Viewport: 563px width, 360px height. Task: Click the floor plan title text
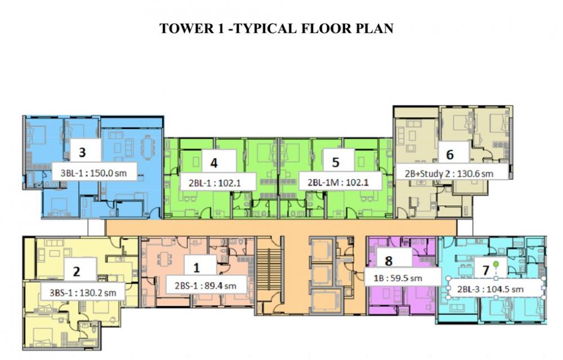click(x=276, y=28)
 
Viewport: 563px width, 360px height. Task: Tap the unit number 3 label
click(x=82, y=152)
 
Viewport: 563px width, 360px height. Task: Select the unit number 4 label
click(x=214, y=163)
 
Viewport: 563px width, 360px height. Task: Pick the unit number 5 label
click(x=336, y=162)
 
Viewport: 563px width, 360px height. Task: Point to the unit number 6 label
click(x=450, y=154)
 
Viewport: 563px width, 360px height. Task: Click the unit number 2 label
click(x=77, y=271)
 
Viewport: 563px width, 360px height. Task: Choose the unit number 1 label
click(x=196, y=268)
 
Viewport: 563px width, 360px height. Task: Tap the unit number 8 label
click(x=388, y=261)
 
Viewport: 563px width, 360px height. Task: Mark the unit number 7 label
click(x=486, y=270)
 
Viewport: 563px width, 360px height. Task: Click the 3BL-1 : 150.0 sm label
click(x=93, y=173)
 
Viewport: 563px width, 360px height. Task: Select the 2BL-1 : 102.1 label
click(x=215, y=183)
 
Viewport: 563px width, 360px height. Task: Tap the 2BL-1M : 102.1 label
click(x=338, y=183)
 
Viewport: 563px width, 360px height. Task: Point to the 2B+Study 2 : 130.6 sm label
click(x=449, y=174)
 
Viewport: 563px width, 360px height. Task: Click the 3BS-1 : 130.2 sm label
click(x=83, y=293)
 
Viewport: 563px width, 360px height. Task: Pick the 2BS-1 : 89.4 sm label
click(x=205, y=286)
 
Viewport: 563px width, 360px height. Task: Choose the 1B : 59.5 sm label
click(x=398, y=278)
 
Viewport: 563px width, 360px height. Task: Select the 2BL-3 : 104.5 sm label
click(x=490, y=289)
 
